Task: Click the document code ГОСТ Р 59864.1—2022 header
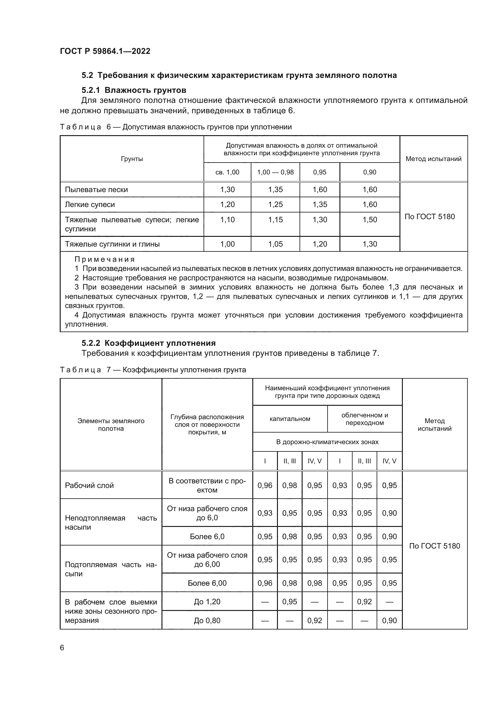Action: [x=105, y=51]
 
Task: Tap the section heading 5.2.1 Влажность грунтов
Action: [x=134, y=90]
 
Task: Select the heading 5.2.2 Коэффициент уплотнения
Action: [x=148, y=343]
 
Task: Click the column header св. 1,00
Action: [x=227, y=172]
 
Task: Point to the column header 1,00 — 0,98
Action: [x=275, y=172]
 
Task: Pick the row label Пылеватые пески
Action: [x=96, y=189]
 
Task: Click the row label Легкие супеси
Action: [x=90, y=205]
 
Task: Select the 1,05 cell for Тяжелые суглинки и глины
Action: [x=275, y=244]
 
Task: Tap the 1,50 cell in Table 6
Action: [x=370, y=219]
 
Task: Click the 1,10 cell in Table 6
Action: [x=227, y=219]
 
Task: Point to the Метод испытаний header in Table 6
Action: [x=433, y=159]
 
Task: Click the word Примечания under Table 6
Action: [x=105, y=259]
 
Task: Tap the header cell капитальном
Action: [x=289, y=419]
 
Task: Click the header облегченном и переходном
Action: [x=364, y=419]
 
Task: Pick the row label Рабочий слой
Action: [x=89, y=485]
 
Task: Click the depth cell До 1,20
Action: [x=207, y=602]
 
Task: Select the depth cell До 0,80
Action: [x=207, y=620]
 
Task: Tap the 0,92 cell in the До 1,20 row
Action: [x=364, y=602]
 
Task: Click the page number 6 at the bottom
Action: [x=62, y=647]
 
